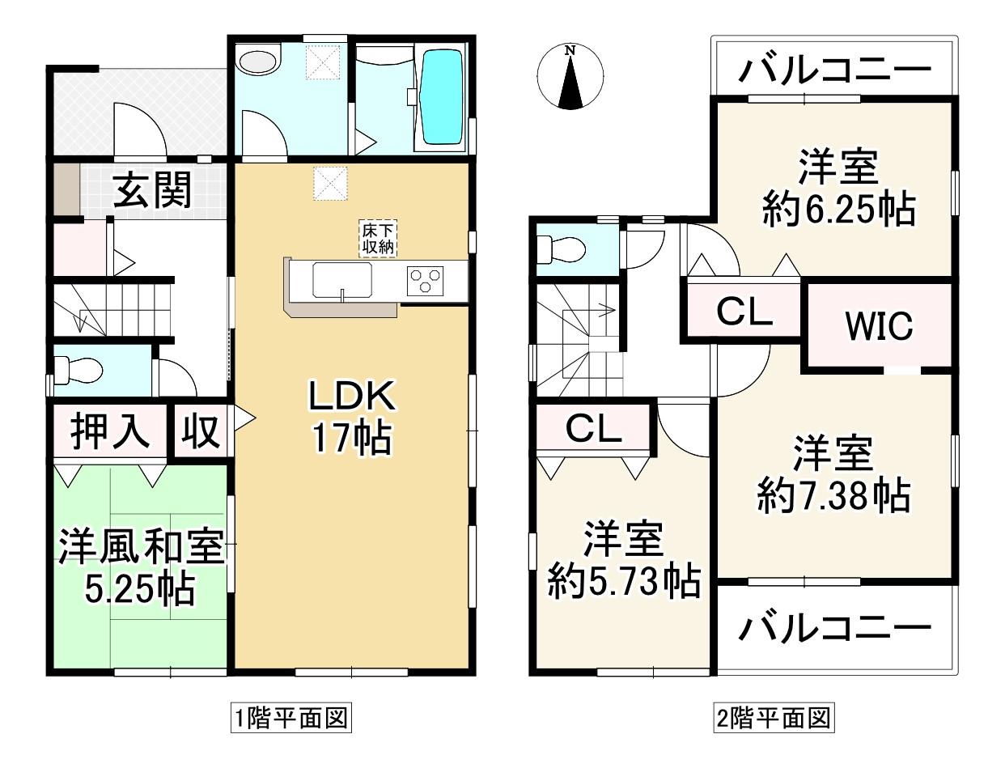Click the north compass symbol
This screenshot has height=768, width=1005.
point(570,78)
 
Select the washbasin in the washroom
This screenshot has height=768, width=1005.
point(258,62)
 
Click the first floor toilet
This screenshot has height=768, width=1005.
point(79,371)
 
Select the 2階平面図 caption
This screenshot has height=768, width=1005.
point(773,717)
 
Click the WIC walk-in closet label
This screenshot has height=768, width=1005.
point(879,326)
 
